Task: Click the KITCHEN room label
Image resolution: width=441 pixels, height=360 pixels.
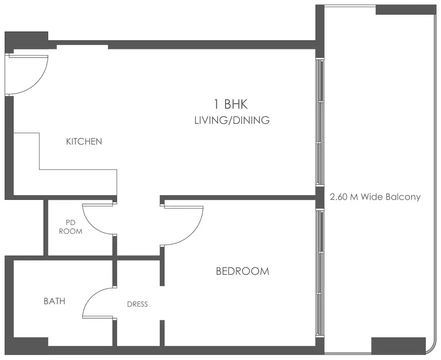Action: [84, 141]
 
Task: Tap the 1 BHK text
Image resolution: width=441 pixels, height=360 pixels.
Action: [231, 105]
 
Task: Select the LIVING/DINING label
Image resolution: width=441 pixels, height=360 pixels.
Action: [232, 120]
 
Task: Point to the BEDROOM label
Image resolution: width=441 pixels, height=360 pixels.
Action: [242, 272]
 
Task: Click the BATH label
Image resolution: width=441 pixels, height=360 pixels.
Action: [54, 301]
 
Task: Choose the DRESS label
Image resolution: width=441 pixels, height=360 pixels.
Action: [137, 304]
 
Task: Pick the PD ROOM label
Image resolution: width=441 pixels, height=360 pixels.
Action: [71, 227]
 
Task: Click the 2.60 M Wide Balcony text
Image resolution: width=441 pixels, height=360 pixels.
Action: [375, 197]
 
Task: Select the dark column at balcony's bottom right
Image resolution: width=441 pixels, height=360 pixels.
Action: [398, 345]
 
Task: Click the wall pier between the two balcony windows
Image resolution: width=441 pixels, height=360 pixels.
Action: [319, 197]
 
